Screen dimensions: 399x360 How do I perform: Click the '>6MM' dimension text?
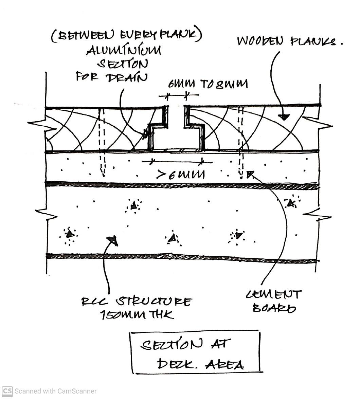[181, 175]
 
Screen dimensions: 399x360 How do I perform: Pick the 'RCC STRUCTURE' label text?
[137, 302]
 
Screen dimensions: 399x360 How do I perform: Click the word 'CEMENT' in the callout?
[274, 294]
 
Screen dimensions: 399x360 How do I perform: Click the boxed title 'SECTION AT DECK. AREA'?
[195, 353]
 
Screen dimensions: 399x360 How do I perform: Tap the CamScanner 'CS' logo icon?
[7, 391]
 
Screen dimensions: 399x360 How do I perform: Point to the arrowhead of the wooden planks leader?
[284, 117]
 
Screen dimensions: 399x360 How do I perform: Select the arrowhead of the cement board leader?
[250, 175]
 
